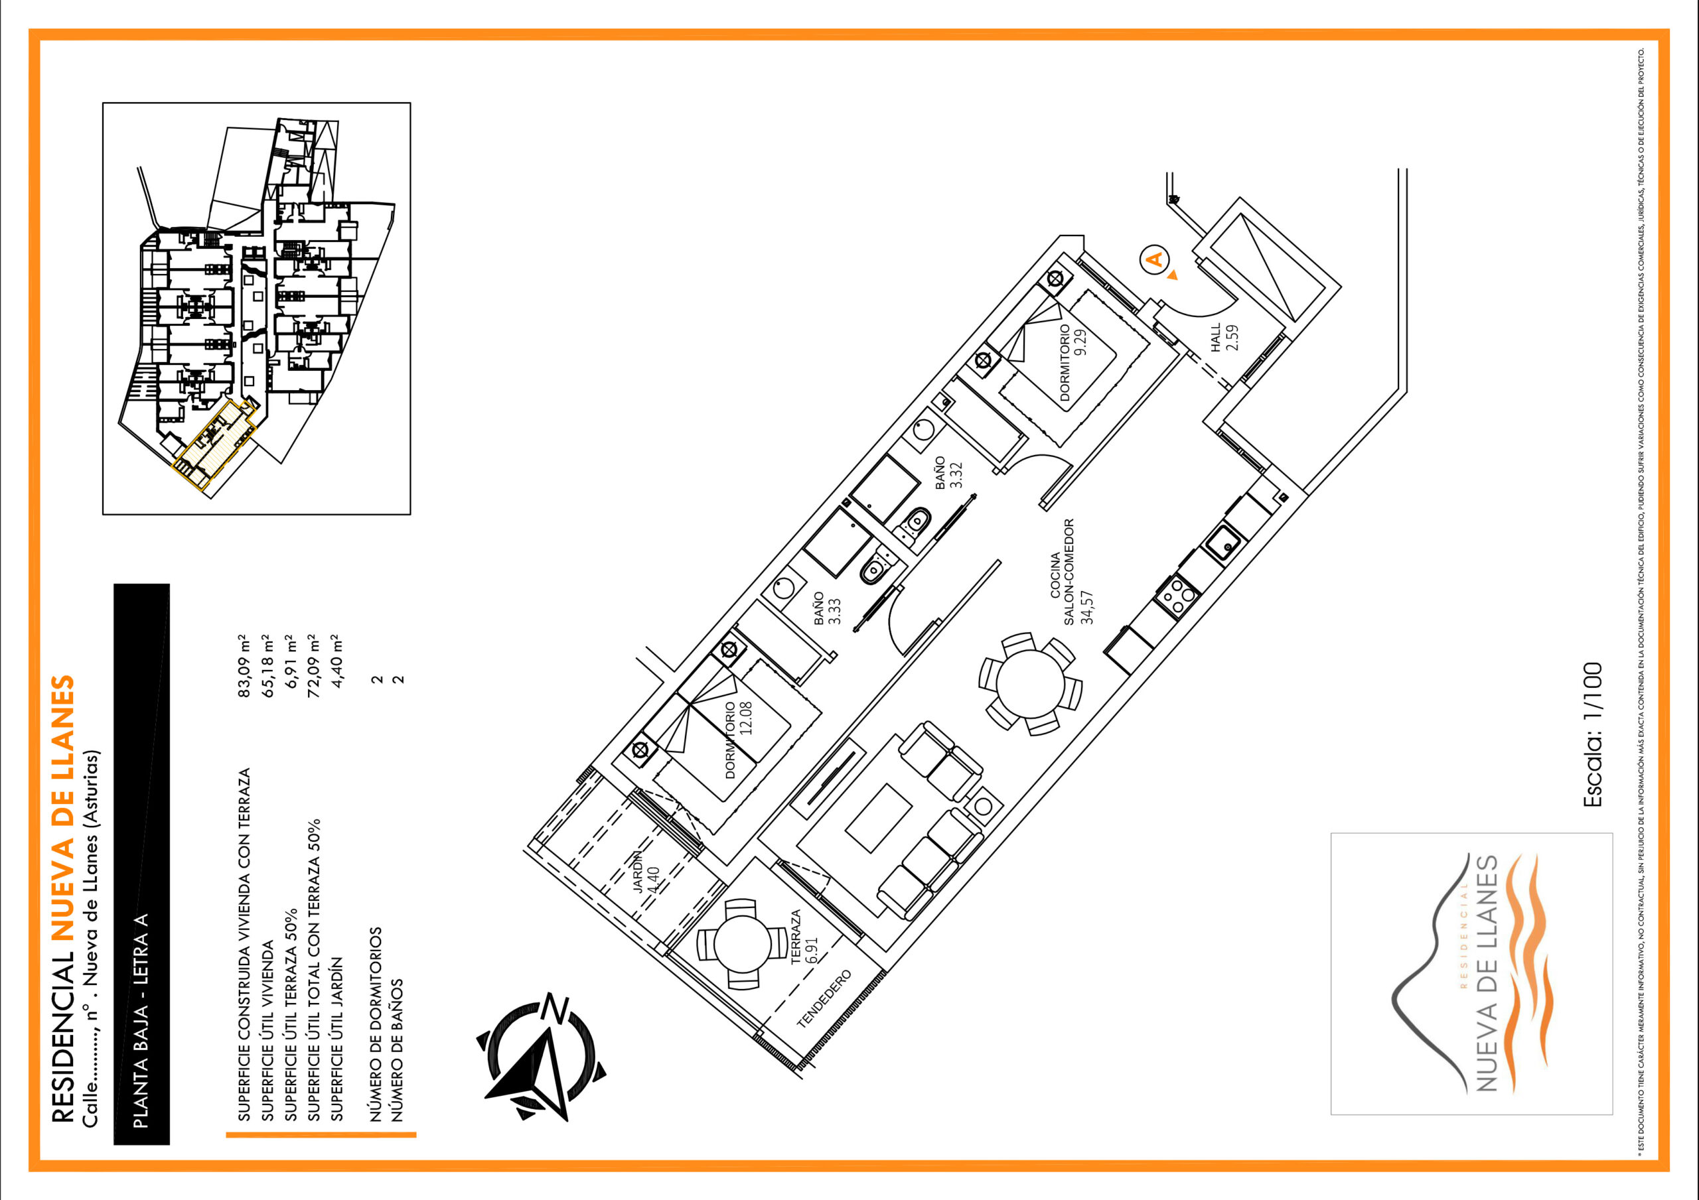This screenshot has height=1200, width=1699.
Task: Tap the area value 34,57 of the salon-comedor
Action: [1087, 607]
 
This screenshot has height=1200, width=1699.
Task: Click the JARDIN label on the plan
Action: [638, 872]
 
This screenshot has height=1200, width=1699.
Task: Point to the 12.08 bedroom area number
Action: [746, 718]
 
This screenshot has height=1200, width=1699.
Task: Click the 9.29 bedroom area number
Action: [1081, 342]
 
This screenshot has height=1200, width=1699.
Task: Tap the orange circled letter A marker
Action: [1153, 259]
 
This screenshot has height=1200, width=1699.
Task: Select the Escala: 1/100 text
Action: [1592, 734]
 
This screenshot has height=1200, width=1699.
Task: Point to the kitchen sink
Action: [1225, 543]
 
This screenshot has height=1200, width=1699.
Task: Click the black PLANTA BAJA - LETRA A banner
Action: [141, 864]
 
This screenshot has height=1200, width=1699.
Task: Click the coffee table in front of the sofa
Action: [877, 819]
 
